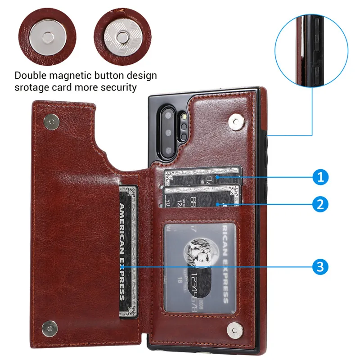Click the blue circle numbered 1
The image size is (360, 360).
click(320, 177)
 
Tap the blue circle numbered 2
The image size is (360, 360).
click(320, 205)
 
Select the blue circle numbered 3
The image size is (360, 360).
click(320, 266)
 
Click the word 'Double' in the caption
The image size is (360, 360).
click(32, 75)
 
